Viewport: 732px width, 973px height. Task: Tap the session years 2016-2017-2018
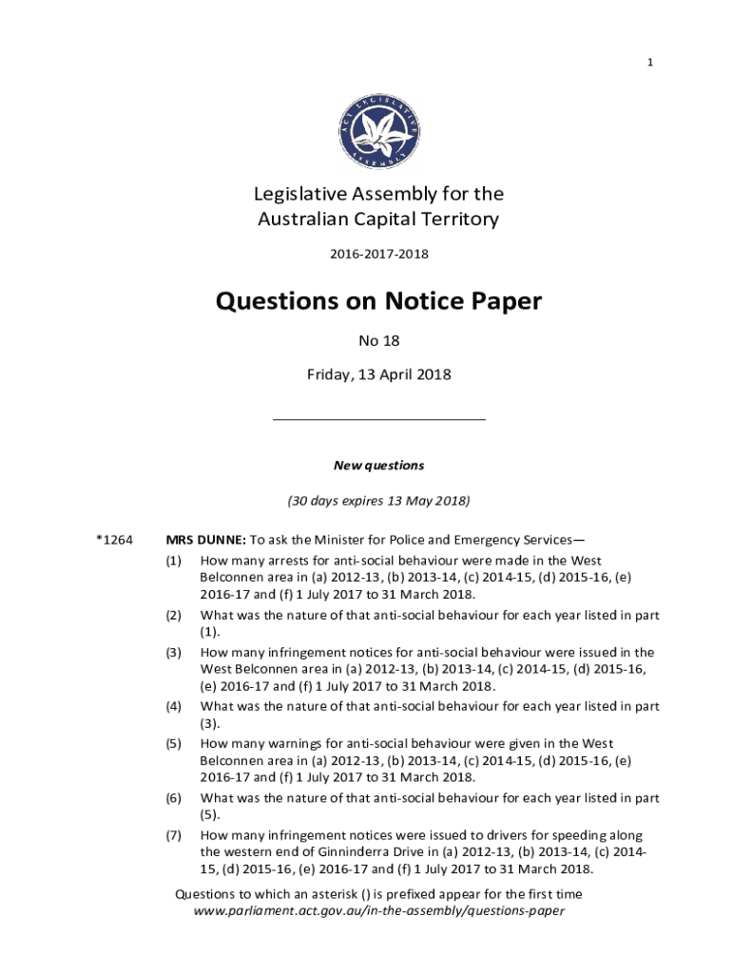click(378, 255)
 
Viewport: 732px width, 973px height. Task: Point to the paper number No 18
click(378, 339)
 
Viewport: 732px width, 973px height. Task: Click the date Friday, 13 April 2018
click(378, 374)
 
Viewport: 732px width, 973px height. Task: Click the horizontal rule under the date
click(378, 419)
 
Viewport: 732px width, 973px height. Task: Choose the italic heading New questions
click(378, 466)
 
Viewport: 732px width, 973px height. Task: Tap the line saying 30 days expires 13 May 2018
click(378, 500)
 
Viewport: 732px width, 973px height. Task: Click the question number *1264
click(113, 540)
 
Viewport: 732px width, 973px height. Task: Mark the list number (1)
click(173, 561)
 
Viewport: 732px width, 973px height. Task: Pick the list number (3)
click(173, 653)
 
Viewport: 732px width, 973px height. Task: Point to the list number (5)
click(173, 743)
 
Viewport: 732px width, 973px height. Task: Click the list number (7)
click(173, 835)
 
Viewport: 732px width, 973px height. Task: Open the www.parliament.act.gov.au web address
click(378, 910)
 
